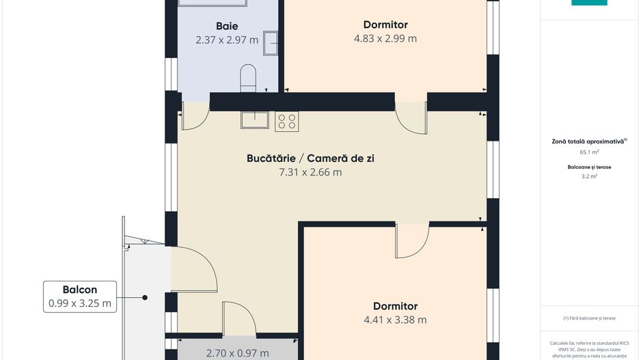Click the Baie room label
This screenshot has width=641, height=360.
227,26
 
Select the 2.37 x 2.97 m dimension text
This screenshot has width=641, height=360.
227,40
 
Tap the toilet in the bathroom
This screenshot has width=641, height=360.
248,78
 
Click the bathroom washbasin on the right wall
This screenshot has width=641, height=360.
270,43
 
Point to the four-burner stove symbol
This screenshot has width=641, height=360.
286,122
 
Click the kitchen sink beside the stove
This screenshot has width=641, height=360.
255,120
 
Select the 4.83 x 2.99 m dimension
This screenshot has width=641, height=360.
385,38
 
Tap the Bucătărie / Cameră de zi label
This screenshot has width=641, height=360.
310,158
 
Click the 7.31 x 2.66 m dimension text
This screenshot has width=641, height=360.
310,172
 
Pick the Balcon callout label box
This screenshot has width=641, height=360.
80,296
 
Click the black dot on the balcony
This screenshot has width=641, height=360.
145,297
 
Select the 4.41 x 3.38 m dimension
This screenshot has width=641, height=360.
395,320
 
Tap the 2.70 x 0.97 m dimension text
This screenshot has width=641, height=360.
238,353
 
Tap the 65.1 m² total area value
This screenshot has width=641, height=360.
589,152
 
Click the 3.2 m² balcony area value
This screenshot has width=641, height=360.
589,176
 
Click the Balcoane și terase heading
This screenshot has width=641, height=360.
589,167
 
